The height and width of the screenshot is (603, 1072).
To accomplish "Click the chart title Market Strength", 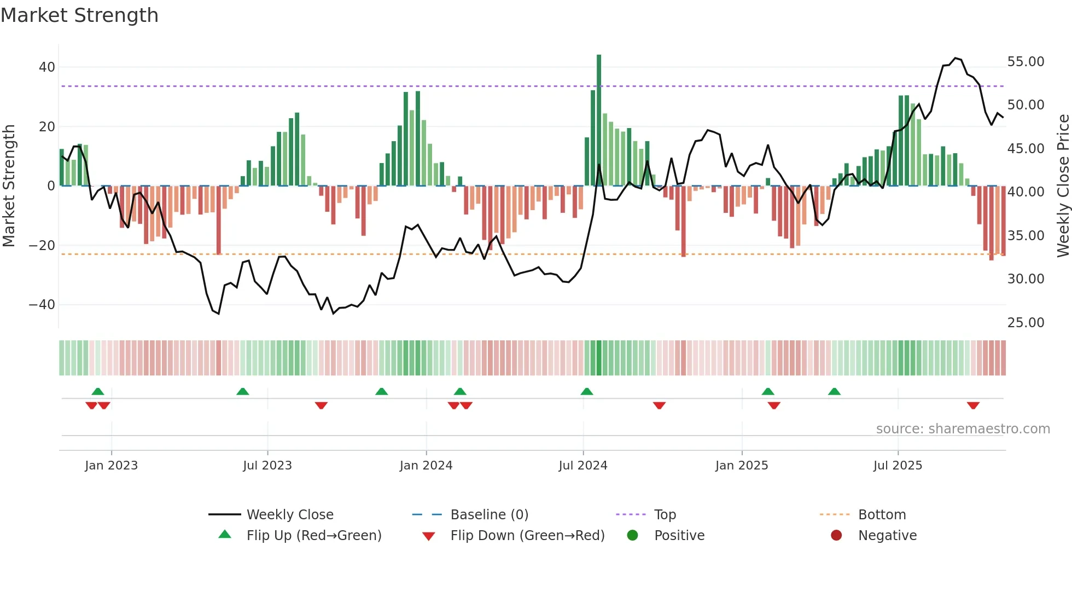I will click(x=79, y=15).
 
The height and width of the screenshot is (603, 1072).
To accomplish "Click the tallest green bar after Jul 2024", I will click(x=599, y=120).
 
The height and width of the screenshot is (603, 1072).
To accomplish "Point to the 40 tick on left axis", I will click(x=47, y=67).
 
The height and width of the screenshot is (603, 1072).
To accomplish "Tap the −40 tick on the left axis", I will click(x=42, y=305).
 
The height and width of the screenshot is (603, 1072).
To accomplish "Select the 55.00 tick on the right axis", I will click(x=1026, y=62).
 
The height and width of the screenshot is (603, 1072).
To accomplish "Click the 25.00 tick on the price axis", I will click(x=1026, y=323).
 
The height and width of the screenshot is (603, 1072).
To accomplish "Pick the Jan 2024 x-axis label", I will click(x=426, y=466).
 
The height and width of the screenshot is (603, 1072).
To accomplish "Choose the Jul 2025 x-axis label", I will click(x=898, y=466).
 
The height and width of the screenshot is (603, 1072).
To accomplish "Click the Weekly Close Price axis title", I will click(x=1063, y=186).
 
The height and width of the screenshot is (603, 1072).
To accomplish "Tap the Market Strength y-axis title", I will click(x=9, y=186).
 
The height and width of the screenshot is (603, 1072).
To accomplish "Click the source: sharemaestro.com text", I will click(x=963, y=429).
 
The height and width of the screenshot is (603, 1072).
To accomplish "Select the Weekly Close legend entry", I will click(x=290, y=515).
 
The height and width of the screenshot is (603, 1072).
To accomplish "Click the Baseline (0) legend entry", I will click(x=489, y=515).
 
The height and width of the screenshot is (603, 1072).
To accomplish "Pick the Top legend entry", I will click(x=665, y=515).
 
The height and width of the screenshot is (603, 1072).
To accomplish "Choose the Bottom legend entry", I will click(x=882, y=515).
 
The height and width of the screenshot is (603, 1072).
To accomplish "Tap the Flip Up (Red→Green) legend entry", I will click(x=313, y=536).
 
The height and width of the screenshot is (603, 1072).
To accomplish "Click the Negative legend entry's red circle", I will click(x=836, y=536).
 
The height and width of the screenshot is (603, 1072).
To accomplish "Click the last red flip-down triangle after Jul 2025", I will click(x=973, y=405).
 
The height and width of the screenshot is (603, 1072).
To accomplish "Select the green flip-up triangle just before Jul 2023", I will click(x=243, y=391).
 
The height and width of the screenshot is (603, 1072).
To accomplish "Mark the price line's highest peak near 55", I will click(x=955, y=58).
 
